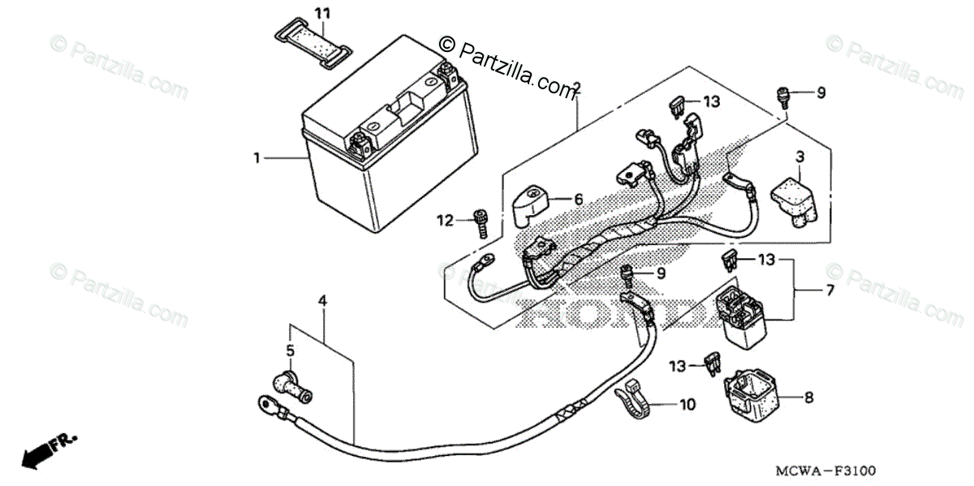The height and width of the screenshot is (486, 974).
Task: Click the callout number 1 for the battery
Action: pos(257,158)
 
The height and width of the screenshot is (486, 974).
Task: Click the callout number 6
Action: pos(579,199)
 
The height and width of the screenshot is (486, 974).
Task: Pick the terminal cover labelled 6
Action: pos(532,204)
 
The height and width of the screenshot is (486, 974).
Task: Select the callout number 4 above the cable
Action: pos(322,301)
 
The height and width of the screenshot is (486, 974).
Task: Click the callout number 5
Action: pos(290,351)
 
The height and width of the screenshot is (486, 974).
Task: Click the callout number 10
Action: pos(687,404)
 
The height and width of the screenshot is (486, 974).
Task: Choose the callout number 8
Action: pos(808,398)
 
